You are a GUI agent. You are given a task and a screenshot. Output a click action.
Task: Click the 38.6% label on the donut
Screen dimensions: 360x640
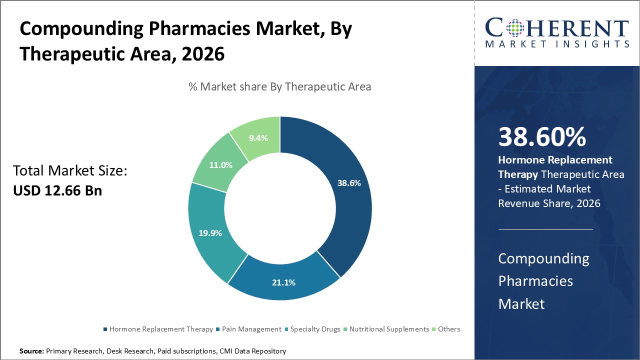(x=349, y=183)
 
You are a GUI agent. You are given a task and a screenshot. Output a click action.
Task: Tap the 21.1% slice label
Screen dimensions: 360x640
(x=283, y=282)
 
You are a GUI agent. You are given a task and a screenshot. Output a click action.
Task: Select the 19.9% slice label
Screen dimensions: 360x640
(x=210, y=232)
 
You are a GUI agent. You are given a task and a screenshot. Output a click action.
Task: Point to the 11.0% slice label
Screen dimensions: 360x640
(x=220, y=165)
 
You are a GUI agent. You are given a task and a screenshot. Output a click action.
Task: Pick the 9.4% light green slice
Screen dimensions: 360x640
(x=258, y=137)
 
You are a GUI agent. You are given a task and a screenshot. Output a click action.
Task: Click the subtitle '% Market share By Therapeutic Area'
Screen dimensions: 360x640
(x=279, y=86)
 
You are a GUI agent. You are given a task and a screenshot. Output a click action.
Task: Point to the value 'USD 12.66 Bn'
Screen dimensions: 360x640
(x=57, y=190)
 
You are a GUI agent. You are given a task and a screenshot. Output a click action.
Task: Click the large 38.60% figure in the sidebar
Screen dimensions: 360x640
(x=542, y=137)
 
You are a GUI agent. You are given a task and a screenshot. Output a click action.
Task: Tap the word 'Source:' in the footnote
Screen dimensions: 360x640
(x=31, y=351)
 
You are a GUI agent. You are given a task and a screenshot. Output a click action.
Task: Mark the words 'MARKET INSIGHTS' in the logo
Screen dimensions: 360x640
(x=557, y=44)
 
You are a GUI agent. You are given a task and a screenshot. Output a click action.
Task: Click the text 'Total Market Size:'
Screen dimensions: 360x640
(x=70, y=171)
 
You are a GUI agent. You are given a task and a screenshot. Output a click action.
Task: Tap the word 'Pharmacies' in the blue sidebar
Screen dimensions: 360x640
(x=535, y=281)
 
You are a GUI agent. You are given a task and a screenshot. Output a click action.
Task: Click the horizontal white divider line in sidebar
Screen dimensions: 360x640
(x=545, y=229)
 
